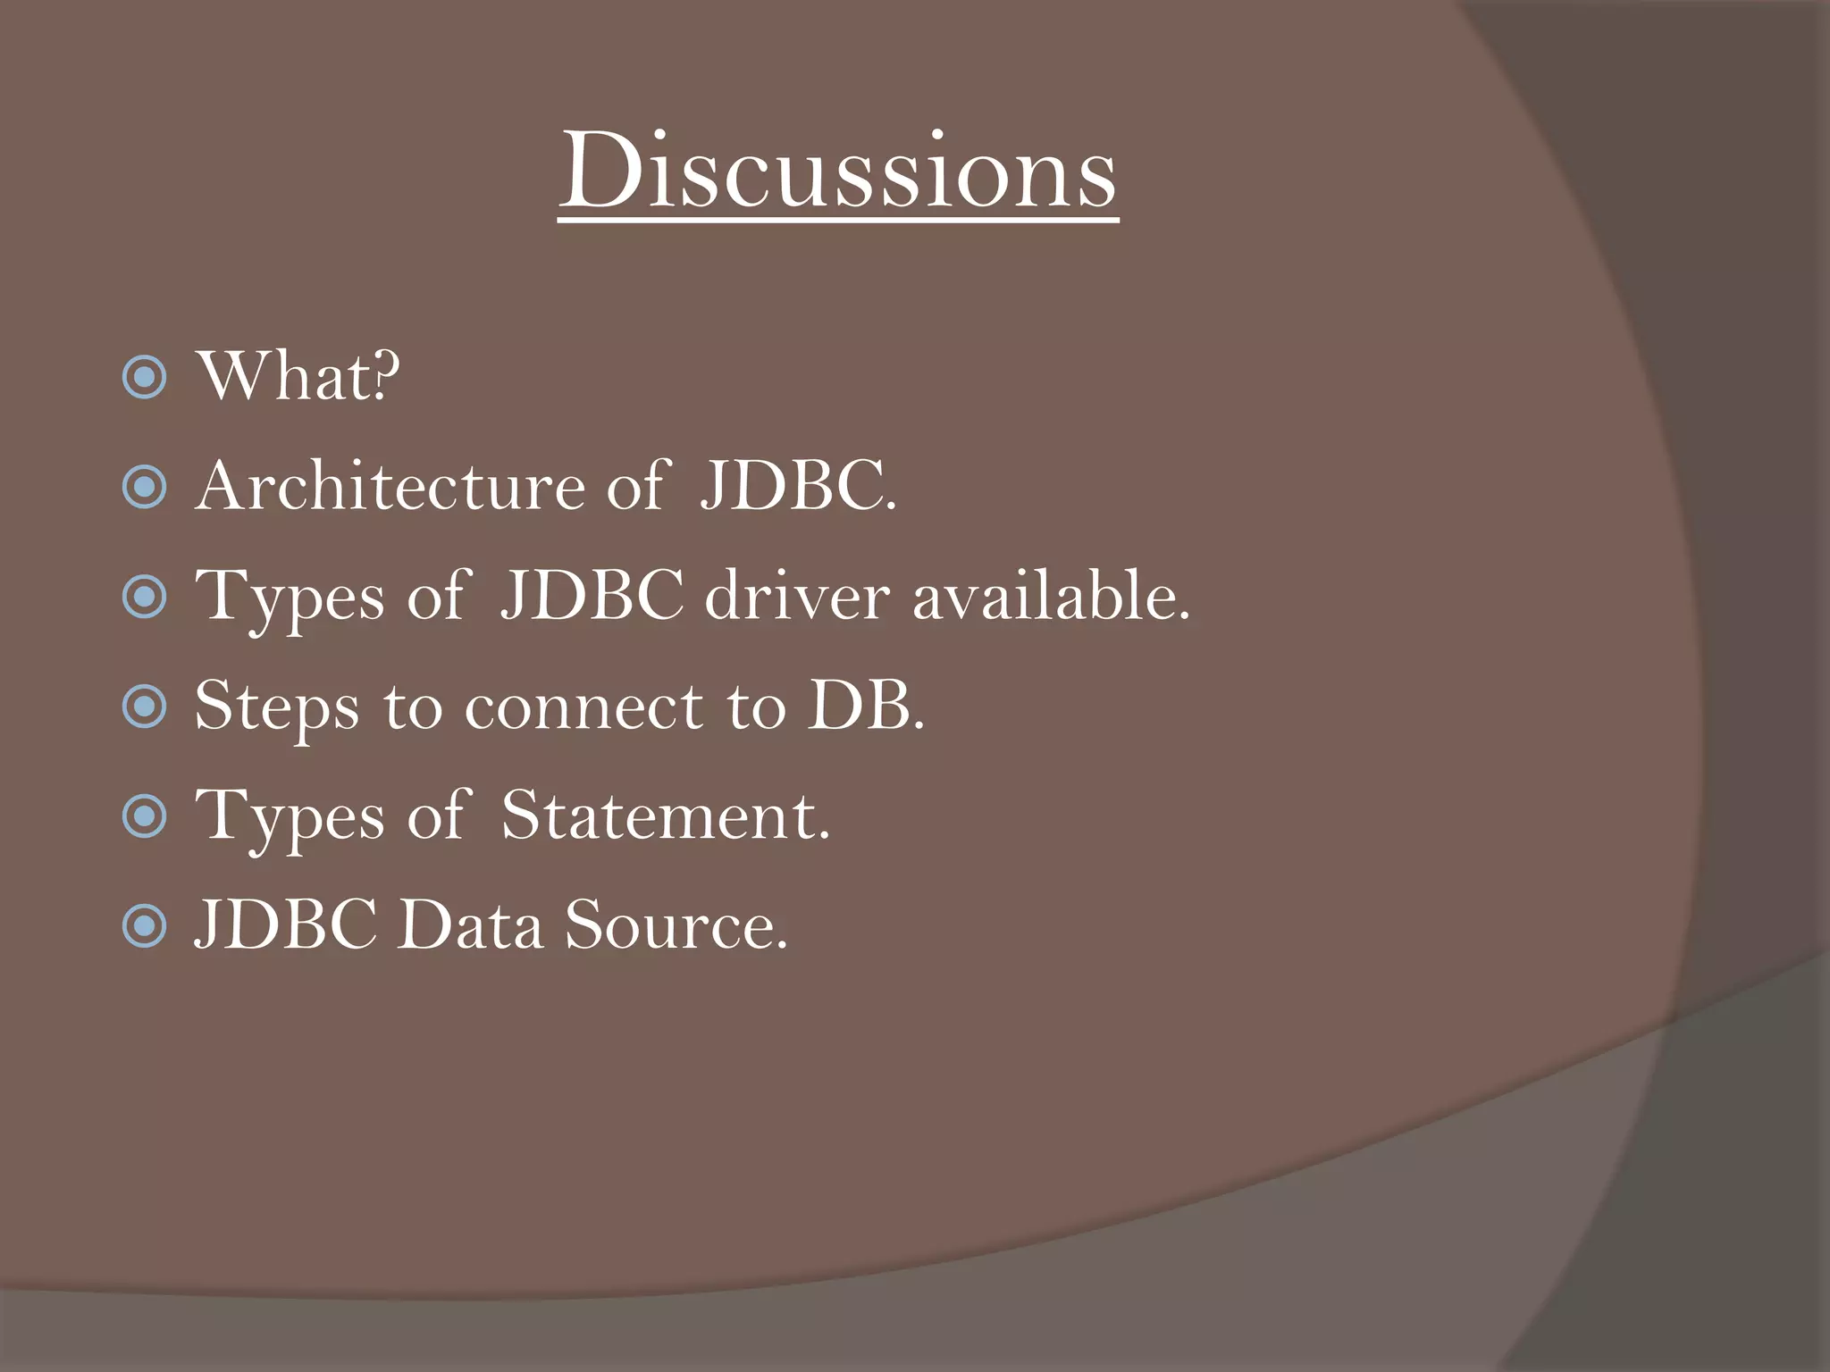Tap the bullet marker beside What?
point(144,378)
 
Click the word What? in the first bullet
point(298,376)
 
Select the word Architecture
point(390,486)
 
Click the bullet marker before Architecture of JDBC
point(144,488)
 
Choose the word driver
point(797,596)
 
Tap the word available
point(1050,596)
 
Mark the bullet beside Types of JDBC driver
point(144,598)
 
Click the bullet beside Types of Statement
point(144,817)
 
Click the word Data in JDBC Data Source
point(470,925)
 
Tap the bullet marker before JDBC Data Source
point(144,927)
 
